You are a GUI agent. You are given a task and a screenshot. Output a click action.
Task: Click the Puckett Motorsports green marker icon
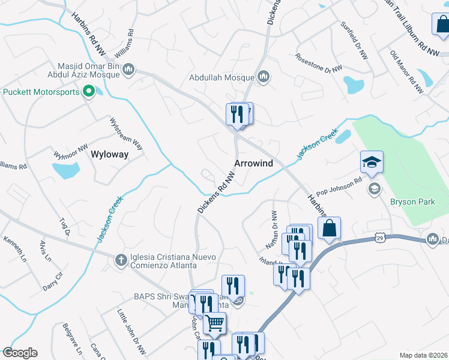89,92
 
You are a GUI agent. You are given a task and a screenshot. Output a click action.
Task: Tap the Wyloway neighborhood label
109,154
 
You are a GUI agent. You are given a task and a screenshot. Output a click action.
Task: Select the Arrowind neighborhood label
253,163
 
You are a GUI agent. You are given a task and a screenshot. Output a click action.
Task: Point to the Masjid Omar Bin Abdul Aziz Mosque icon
128,71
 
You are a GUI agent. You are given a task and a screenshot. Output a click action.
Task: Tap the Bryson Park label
412,202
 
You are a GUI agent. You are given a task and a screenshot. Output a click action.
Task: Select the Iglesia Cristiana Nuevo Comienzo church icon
120,259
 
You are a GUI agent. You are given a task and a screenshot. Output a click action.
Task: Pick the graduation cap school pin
372,161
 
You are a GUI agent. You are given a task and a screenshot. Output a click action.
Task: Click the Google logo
20,353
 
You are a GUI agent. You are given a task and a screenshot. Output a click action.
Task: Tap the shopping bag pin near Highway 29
329,228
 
